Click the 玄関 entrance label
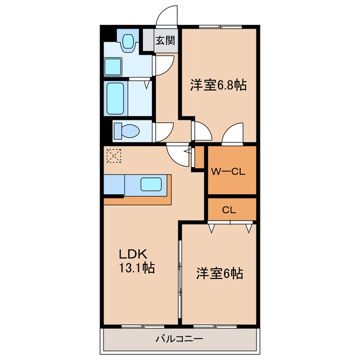pos(165,42)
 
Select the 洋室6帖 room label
pos(219,274)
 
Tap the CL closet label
pos(228,210)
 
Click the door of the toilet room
pos(161,131)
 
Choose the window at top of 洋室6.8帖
pos(218,26)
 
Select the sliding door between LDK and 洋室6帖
pos(180,276)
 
